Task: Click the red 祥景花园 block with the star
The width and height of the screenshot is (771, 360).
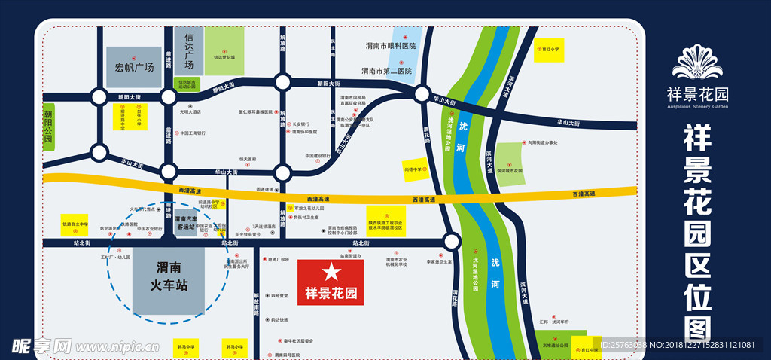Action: pyautogui.click(x=331, y=282)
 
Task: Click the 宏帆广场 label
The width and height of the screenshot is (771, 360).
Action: pyautogui.click(x=134, y=66)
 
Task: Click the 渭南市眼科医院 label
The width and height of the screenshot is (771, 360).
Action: pyautogui.click(x=390, y=46)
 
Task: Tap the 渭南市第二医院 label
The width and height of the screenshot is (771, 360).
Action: pyautogui.click(x=386, y=72)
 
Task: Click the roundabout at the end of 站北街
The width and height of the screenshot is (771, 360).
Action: pyautogui.click(x=451, y=242)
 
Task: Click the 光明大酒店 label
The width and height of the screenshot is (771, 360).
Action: pyautogui.click(x=190, y=111)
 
